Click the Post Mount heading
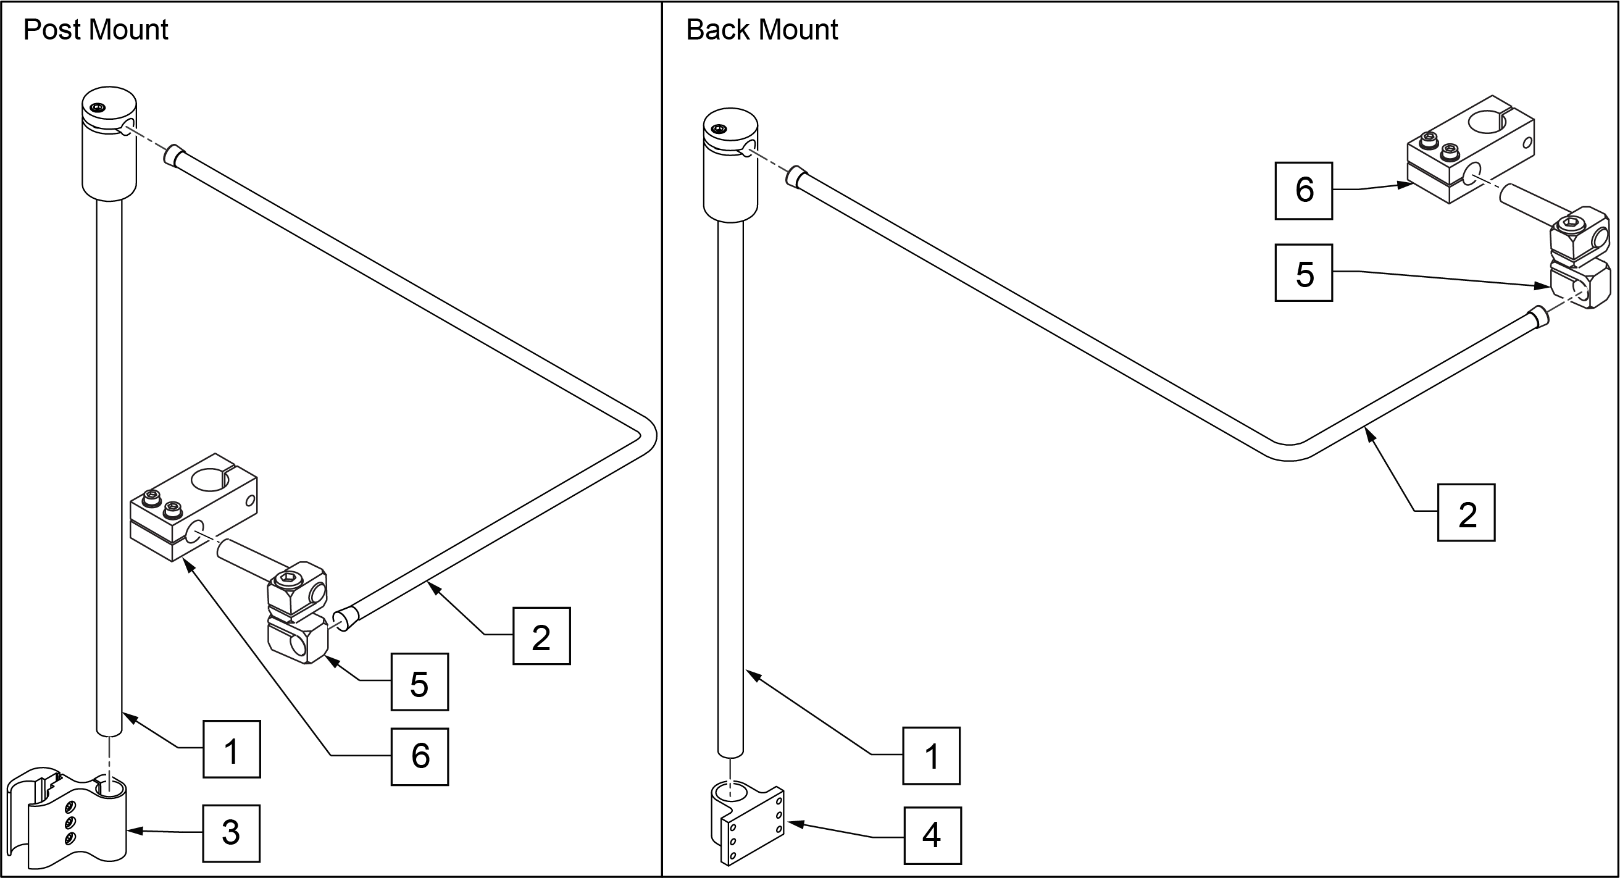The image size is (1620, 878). pos(96,30)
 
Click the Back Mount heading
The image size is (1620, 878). pos(762,30)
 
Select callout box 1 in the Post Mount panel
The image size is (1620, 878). pos(232,749)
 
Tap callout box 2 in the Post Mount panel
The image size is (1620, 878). pos(541,636)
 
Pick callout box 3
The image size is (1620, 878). pos(231,834)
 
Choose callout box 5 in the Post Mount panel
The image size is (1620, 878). pos(419,682)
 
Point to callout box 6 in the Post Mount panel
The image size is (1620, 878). pos(419,756)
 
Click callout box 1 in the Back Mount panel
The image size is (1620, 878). pos(932,755)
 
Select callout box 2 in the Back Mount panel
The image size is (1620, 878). pos(1466,512)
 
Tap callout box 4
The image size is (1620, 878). pos(933,835)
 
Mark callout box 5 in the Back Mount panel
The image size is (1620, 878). pos(1304,273)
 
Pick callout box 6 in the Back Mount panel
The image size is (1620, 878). pos(1304,191)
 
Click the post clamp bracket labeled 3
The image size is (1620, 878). pos(69,817)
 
